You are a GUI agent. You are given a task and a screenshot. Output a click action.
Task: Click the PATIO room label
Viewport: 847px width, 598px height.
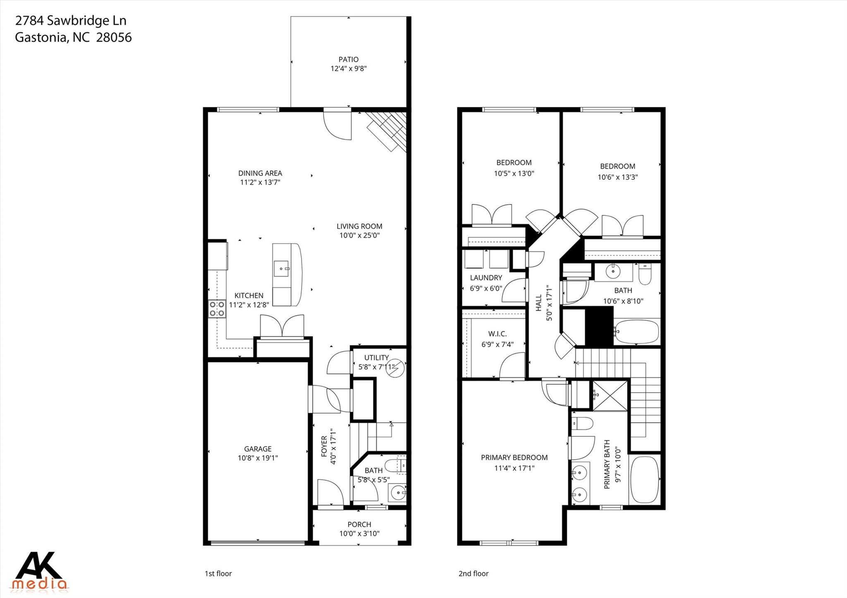(348, 60)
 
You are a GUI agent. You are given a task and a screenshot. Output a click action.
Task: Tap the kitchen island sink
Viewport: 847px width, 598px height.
(282, 269)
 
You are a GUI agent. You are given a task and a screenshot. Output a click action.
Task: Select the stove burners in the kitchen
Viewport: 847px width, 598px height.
(217, 309)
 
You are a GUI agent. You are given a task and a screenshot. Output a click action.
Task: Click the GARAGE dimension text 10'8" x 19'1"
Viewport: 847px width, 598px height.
(258, 458)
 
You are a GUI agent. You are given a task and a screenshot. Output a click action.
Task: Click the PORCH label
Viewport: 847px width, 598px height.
(359, 524)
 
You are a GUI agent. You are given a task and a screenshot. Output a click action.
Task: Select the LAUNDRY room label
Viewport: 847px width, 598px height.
(486, 278)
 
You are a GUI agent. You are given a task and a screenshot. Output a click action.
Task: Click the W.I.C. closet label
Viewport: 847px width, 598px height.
(497, 334)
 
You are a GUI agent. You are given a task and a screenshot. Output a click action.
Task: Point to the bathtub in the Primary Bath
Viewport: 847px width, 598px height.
(644, 479)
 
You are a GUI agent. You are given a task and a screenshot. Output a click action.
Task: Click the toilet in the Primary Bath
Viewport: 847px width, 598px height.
(582, 423)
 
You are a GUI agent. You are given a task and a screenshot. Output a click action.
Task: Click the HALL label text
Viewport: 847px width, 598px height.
(538, 303)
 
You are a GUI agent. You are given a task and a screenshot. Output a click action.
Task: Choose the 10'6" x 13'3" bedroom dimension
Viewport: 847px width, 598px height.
(617, 177)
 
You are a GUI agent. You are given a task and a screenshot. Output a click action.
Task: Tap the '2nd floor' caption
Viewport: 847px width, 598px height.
(473, 574)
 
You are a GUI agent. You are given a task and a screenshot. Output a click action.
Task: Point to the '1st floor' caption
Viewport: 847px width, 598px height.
(218, 574)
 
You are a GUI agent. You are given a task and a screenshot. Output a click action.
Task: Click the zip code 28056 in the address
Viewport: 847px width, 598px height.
(114, 38)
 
